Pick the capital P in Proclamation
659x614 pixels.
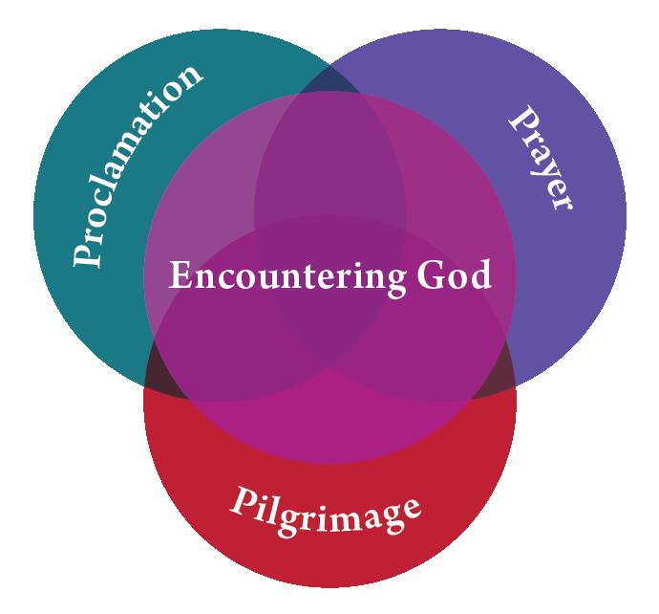coord(90,251)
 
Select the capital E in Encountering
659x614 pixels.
coord(179,275)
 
